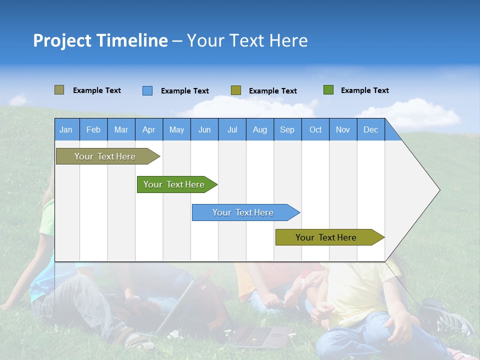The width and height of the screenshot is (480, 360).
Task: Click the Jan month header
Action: pos(66,129)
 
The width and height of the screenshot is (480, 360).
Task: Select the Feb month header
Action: pos(93,129)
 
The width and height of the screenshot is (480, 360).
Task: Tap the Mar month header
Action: pos(121,129)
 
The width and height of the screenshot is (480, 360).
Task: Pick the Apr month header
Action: pos(149,129)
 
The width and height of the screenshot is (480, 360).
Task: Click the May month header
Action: pos(176,129)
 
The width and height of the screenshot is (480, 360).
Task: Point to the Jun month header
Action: pos(204,129)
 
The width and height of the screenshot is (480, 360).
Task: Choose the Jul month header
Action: pos(232,129)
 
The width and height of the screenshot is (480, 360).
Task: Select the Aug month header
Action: pos(260,129)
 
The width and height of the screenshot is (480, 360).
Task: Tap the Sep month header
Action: pos(287,129)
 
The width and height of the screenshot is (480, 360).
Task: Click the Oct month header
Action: pos(315,129)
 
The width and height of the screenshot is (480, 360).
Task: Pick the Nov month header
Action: pos(343,129)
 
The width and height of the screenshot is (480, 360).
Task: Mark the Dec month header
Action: pos(371,129)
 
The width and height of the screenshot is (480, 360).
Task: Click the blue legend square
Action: pos(147,90)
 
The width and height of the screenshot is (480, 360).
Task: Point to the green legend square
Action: pos(328,90)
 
